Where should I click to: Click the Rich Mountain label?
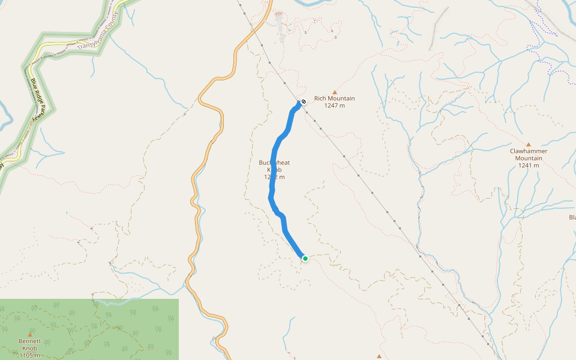[x=334, y=98]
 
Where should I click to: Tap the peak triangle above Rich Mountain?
[x=335, y=92]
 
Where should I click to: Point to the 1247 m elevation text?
[x=334, y=106]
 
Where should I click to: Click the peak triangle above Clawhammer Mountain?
[x=529, y=144]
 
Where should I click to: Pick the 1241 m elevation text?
[x=529, y=166]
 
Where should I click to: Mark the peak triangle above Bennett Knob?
[x=29, y=334]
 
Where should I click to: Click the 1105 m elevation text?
[x=30, y=356]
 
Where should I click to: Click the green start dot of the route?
[x=305, y=259]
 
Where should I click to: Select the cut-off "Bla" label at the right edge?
[x=572, y=217]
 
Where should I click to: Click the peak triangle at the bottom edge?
[x=379, y=356]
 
